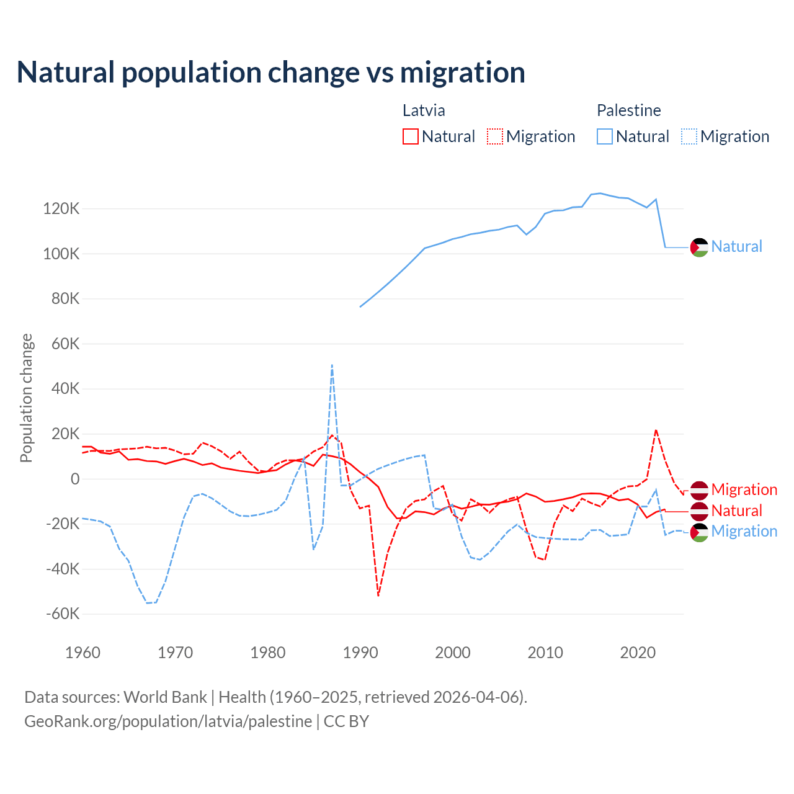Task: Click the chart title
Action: click(x=271, y=73)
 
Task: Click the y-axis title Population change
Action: click(x=26, y=398)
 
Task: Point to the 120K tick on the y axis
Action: click(x=61, y=209)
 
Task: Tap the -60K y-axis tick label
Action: click(x=63, y=614)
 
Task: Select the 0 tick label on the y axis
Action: click(x=75, y=479)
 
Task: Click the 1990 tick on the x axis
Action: click(x=360, y=653)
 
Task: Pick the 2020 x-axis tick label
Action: click(x=638, y=653)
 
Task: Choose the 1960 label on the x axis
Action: click(x=83, y=653)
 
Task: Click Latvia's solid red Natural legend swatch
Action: click(x=411, y=136)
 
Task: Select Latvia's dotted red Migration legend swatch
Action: click(x=495, y=136)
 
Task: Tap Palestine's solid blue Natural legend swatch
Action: click(x=605, y=136)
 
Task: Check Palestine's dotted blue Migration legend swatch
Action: click(x=689, y=136)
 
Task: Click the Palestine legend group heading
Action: click(x=628, y=110)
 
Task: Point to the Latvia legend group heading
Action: click(x=424, y=110)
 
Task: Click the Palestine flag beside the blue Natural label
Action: click(x=699, y=247)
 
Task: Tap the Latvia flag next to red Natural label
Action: click(x=699, y=511)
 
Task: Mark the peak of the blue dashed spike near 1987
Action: click(x=332, y=365)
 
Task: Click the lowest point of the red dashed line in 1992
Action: click(x=378, y=595)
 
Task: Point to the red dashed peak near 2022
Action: click(x=656, y=430)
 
